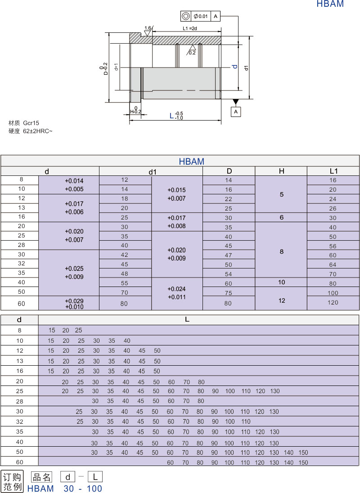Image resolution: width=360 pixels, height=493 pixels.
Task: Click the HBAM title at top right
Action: point(330,4)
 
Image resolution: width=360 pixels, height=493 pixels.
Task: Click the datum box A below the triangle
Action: point(236,111)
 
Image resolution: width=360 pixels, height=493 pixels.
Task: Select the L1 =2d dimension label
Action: point(190,28)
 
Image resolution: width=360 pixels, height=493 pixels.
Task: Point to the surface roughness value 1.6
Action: point(148,28)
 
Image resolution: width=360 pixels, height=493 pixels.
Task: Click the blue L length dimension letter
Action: point(171,116)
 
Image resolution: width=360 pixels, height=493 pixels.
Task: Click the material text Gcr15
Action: point(31,123)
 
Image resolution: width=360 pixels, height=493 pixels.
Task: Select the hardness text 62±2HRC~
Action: point(38,131)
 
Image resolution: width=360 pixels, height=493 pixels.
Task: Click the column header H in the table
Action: point(281,171)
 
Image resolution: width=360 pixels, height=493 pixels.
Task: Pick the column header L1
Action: point(333,171)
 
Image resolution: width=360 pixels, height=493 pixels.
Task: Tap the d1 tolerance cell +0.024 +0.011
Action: point(177,293)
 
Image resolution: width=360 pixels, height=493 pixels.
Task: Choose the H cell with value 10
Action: point(281,282)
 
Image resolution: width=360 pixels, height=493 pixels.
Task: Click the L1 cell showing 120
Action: point(333,303)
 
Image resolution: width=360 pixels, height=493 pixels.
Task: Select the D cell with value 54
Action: point(229,274)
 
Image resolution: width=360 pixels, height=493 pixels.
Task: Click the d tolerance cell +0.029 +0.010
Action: point(74,304)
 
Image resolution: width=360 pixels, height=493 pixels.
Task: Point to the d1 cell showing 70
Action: point(125,292)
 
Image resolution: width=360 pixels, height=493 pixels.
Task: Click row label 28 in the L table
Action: point(19,401)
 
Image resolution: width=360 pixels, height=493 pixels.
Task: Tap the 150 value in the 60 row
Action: point(303,462)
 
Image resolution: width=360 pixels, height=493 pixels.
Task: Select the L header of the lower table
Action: point(187,320)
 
